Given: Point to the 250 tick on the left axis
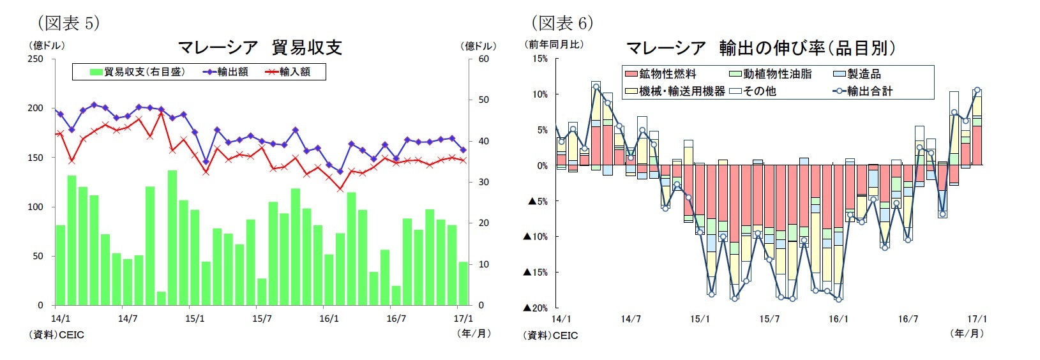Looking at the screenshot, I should point(36,59).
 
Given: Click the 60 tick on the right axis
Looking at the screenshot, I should point(483,59).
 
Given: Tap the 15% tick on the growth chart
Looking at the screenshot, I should point(539,59).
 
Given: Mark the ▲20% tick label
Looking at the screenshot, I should point(536,308).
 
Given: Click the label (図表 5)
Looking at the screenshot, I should point(68,23).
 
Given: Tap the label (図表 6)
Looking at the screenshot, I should point(562,23).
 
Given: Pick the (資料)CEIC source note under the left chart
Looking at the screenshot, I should point(56,334).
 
